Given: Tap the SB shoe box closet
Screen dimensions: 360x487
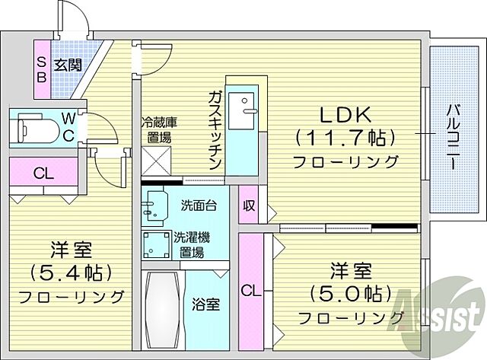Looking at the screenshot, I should pyautogui.click(x=42, y=69).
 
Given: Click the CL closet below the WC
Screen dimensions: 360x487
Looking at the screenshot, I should pyautogui.click(x=43, y=173).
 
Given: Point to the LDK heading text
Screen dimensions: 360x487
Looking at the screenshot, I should pyautogui.click(x=344, y=115).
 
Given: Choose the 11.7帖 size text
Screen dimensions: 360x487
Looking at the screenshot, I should pyautogui.click(x=345, y=139).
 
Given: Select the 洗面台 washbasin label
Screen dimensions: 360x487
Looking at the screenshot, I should pyautogui.click(x=200, y=205).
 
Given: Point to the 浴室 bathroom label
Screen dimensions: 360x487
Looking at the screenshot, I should pyautogui.click(x=207, y=304).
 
